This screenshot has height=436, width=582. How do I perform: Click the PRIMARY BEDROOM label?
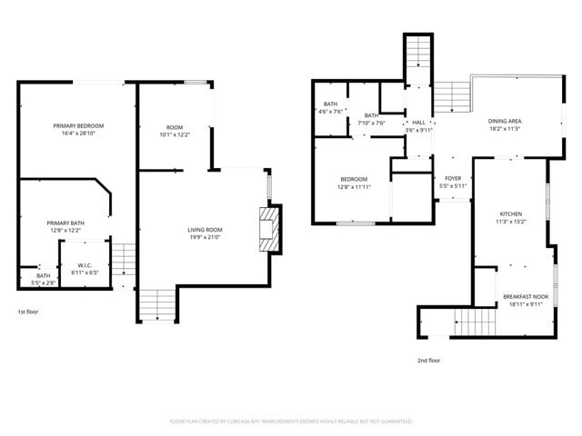tap(77, 125)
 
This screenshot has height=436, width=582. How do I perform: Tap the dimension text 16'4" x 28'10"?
tap(77, 133)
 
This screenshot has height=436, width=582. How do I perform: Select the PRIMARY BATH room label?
tap(65, 223)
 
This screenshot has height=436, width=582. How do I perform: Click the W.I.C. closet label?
tap(74, 266)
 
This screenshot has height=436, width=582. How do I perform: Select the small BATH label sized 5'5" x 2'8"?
tap(44, 276)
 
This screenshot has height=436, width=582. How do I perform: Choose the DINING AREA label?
tap(505, 121)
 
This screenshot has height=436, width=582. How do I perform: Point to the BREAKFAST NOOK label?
tap(526, 297)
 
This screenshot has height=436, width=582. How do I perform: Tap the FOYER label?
tap(453, 179)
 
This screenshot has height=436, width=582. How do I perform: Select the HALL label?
tap(418, 123)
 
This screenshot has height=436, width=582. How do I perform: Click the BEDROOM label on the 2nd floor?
tap(354, 179)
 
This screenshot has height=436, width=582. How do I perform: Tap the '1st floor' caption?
tap(29, 312)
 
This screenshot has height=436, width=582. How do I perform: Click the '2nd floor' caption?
tap(428, 360)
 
